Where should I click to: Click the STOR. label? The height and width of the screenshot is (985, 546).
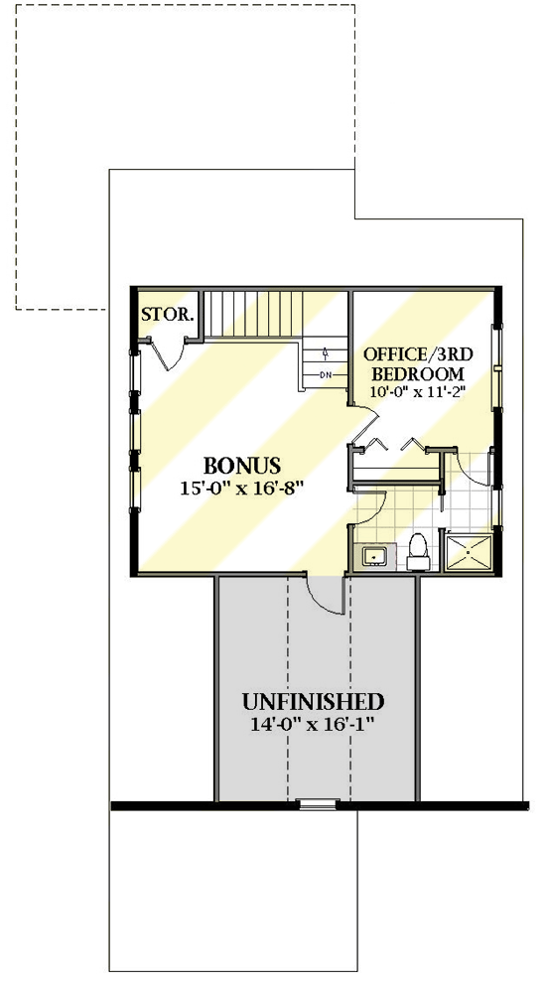click(167, 316)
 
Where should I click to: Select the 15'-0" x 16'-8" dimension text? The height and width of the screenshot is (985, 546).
click(242, 488)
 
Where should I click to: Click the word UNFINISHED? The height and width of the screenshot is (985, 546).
click(314, 702)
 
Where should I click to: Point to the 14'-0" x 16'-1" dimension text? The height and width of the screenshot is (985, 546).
click(314, 724)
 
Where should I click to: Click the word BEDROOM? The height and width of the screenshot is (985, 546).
click(417, 373)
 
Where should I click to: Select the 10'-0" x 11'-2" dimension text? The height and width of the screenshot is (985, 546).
click(417, 392)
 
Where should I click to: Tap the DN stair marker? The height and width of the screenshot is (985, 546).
click(326, 374)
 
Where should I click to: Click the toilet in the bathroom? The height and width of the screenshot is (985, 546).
click(418, 552)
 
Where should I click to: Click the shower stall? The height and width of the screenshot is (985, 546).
click(469, 552)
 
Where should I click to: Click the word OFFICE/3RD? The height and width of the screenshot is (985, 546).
click(416, 354)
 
